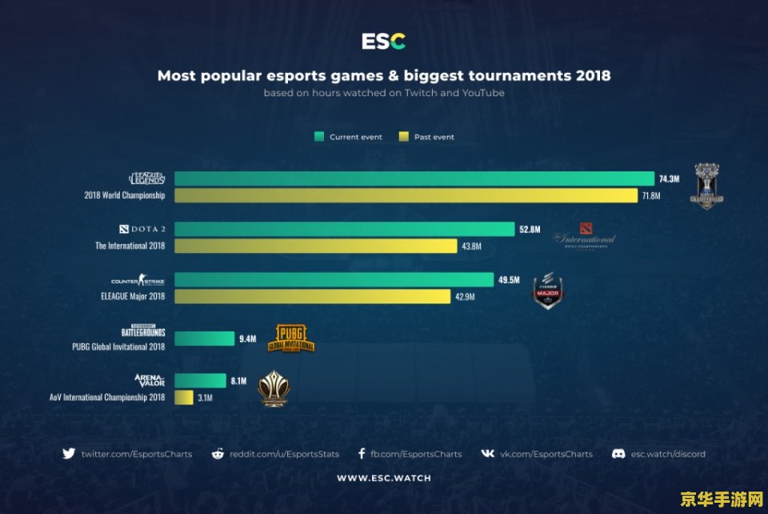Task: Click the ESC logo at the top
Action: pyautogui.click(x=383, y=42)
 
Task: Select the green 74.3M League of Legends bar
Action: pyautogui.click(x=414, y=179)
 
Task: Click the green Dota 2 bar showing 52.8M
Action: pyautogui.click(x=344, y=229)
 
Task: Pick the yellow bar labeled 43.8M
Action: pyautogui.click(x=315, y=246)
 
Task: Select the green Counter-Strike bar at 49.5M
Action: pyautogui.click(x=334, y=279)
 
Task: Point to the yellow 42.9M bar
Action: pyautogui.click(x=312, y=296)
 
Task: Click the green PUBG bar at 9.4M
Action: pyautogui.click(x=204, y=339)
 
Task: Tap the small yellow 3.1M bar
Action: pyautogui.click(x=183, y=397)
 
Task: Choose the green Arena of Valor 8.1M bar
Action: pyautogui.click(x=200, y=380)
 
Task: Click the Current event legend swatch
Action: pyautogui.click(x=318, y=137)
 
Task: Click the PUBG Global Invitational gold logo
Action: pyautogui.click(x=295, y=339)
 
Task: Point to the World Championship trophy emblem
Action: pyautogui.click(x=706, y=186)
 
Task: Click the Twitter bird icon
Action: pyautogui.click(x=69, y=453)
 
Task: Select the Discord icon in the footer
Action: pyautogui.click(x=618, y=453)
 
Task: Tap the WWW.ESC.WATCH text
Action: pyautogui.click(x=383, y=478)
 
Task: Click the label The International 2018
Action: pyautogui.click(x=130, y=246)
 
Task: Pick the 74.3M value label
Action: pyautogui.click(x=669, y=179)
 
